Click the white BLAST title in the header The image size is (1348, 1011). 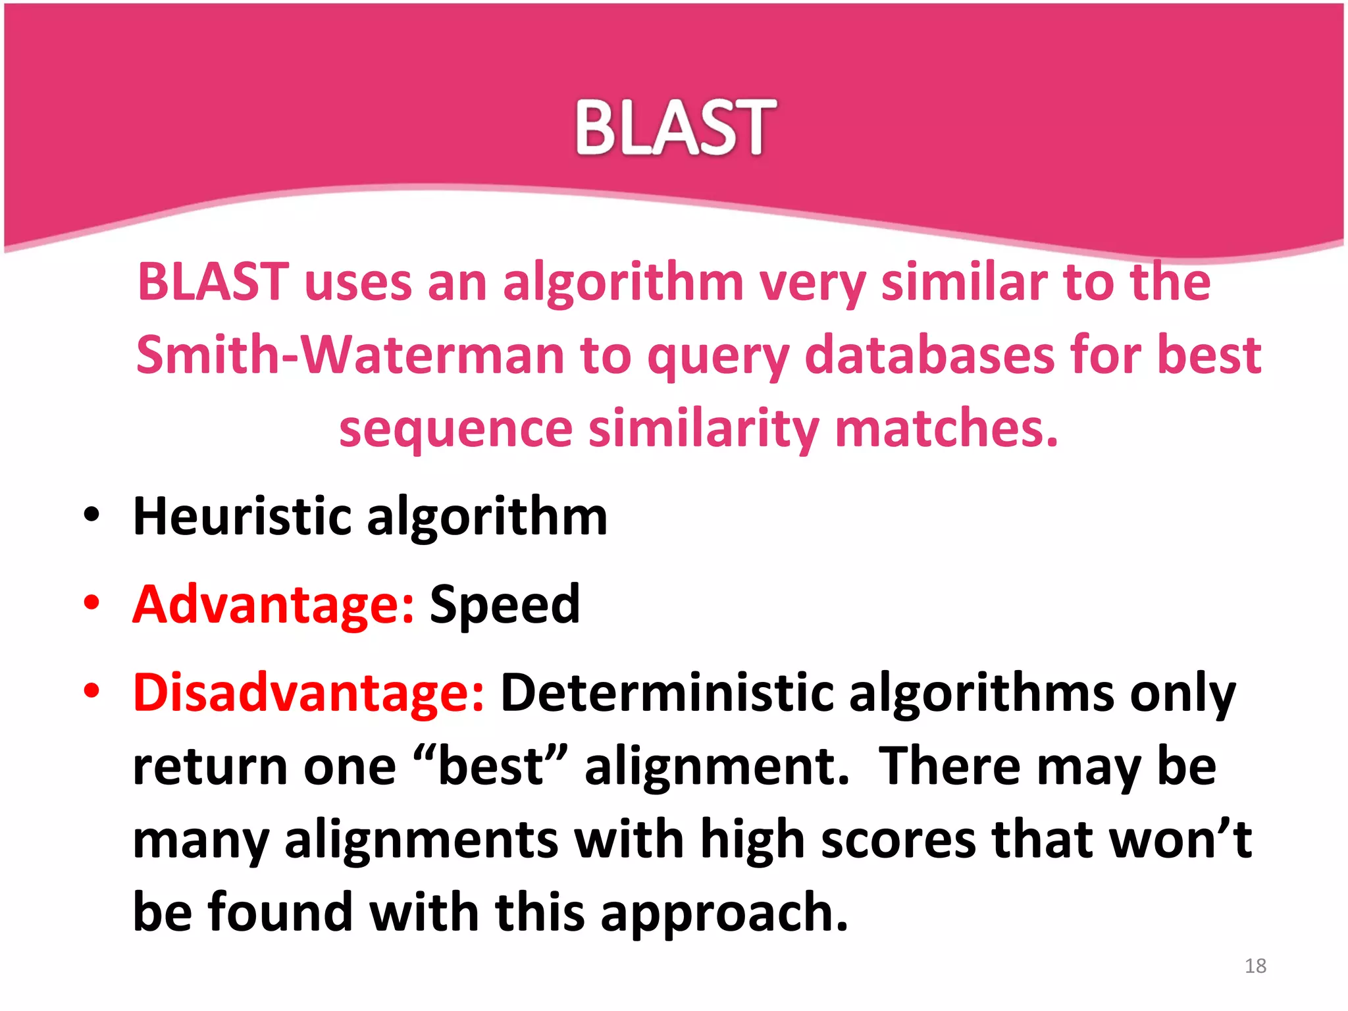(675, 128)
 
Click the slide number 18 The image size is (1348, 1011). (1255, 966)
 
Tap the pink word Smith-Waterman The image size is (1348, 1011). (350, 355)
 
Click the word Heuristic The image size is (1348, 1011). (242, 516)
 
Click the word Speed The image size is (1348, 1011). (505, 604)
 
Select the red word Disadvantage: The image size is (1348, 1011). (309, 692)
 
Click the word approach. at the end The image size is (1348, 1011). (724, 914)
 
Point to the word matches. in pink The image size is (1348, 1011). (946, 428)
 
